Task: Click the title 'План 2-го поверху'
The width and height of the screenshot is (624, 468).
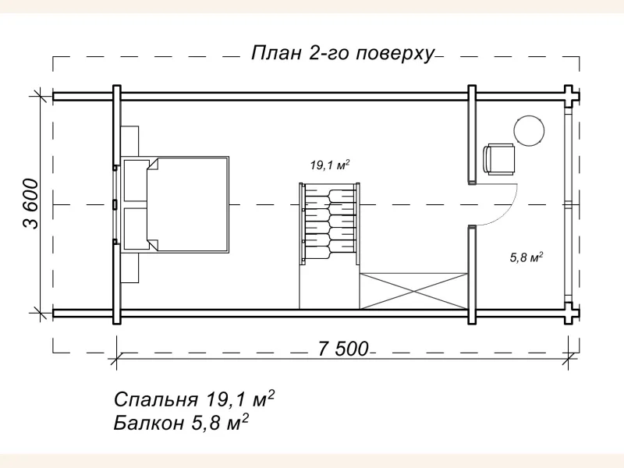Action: tap(342, 54)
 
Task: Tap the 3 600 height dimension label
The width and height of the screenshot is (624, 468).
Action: tap(30, 204)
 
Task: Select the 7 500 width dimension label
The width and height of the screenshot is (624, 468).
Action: tap(342, 349)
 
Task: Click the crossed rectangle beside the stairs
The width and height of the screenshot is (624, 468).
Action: tap(413, 290)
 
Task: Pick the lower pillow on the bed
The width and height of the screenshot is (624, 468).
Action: tap(136, 227)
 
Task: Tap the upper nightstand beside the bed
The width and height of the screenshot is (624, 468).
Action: tap(130, 140)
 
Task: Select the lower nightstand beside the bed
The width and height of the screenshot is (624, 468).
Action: tap(130, 266)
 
